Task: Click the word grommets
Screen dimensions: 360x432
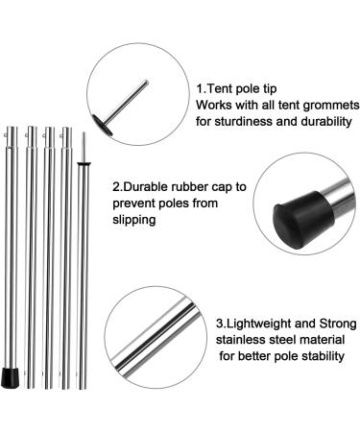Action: pyautogui.click(x=320, y=104)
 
